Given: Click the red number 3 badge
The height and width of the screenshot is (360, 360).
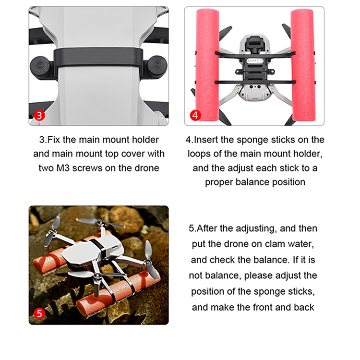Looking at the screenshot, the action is click(39, 116).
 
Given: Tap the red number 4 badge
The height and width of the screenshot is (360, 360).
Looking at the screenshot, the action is click(195, 115).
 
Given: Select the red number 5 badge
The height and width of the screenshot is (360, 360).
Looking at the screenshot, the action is click(39, 313).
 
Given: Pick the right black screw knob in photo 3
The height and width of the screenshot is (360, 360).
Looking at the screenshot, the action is click(156, 67).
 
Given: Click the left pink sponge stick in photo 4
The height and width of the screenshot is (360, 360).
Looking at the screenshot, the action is click(207, 65).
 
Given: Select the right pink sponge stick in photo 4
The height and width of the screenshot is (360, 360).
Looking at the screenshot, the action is click(303, 65).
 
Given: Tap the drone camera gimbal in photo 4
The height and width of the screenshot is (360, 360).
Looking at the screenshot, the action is click(254, 44).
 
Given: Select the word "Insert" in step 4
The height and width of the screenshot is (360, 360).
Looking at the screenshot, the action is click(206, 140).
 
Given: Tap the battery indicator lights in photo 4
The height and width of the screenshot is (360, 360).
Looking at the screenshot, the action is click(254, 61).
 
